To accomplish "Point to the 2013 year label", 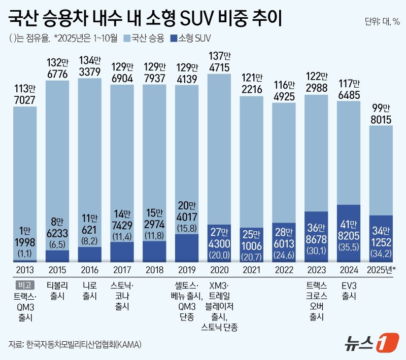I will [x=24, y=269].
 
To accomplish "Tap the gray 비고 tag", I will [x=24, y=284].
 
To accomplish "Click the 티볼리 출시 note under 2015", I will [x=57, y=290].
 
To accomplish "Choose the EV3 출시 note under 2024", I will [x=349, y=290].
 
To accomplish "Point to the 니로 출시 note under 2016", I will [x=89, y=290].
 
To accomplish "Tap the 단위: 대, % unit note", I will [x=382, y=21].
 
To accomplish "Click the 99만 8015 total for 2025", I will [x=382, y=112].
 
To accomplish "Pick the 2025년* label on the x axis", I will [x=382, y=269].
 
